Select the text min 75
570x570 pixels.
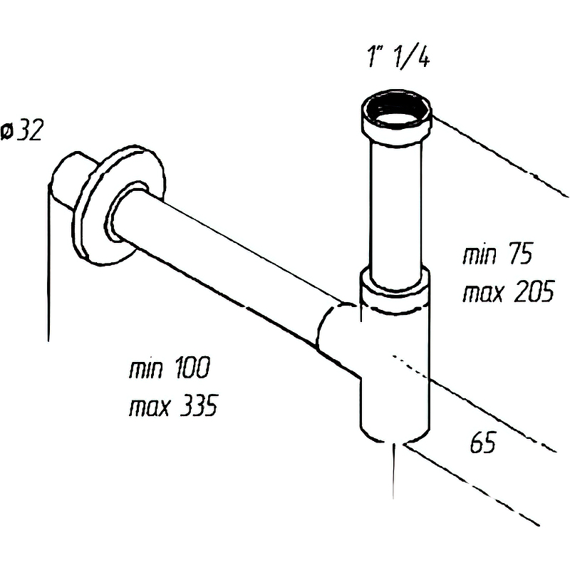click(498, 255)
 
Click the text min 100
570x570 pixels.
click(169, 370)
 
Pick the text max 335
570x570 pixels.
click(172, 408)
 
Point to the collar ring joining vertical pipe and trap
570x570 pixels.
click(394, 288)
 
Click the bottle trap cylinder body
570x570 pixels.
click(394, 370)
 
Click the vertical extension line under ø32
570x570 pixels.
click(48, 271)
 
